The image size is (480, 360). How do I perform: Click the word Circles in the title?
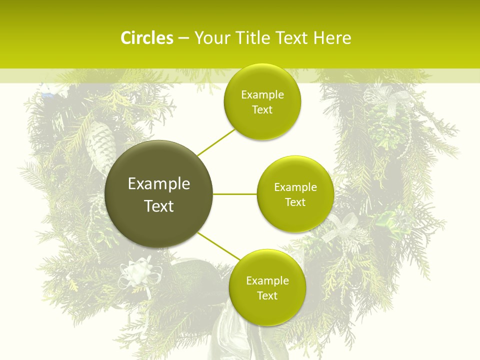(x=146, y=38)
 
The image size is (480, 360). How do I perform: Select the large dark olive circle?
(x=159, y=194)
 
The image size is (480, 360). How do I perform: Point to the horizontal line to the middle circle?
(x=235, y=194)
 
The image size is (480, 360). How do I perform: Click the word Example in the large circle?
(x=159, y=184)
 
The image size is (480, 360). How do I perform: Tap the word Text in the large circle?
(x=159, y=206)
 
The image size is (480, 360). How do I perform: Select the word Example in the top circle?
(x=262, y=95)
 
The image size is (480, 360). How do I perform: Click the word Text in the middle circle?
(x=295, y=202)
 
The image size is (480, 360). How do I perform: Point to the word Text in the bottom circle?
(x=267, y=295)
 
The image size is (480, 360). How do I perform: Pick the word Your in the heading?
(x=209, y=38)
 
